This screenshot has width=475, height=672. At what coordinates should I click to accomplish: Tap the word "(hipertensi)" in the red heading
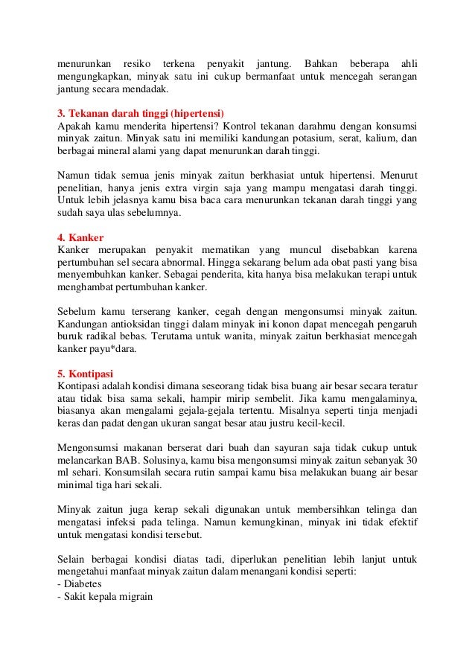(197, 113)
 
